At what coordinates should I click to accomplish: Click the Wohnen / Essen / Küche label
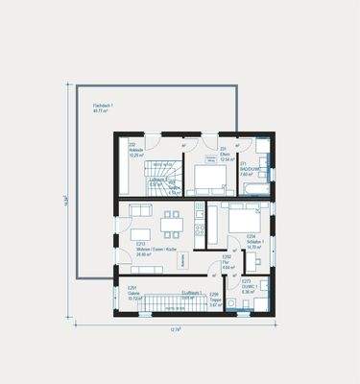point(156,249)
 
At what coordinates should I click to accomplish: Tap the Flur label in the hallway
point(228,260)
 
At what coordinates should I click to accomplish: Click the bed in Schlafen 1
point(240,217)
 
